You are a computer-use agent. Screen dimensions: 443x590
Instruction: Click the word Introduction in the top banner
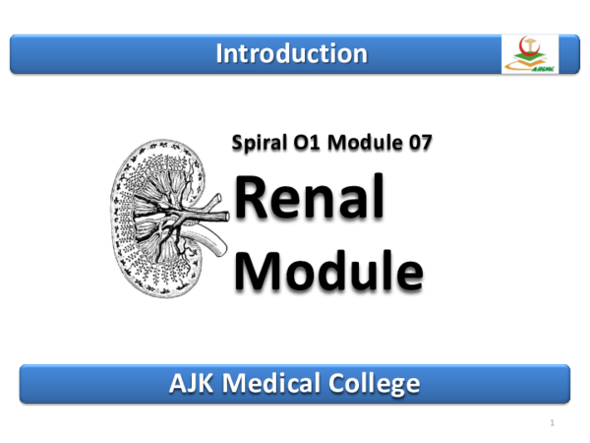(x=292, y=53)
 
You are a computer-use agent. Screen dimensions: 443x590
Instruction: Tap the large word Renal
(x=310, y=200)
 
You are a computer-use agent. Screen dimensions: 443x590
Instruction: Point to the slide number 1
(x=554, y=423)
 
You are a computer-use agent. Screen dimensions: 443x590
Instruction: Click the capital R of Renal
(x=257, y=200)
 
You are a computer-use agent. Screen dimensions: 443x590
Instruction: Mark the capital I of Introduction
(x=219, y=53)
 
